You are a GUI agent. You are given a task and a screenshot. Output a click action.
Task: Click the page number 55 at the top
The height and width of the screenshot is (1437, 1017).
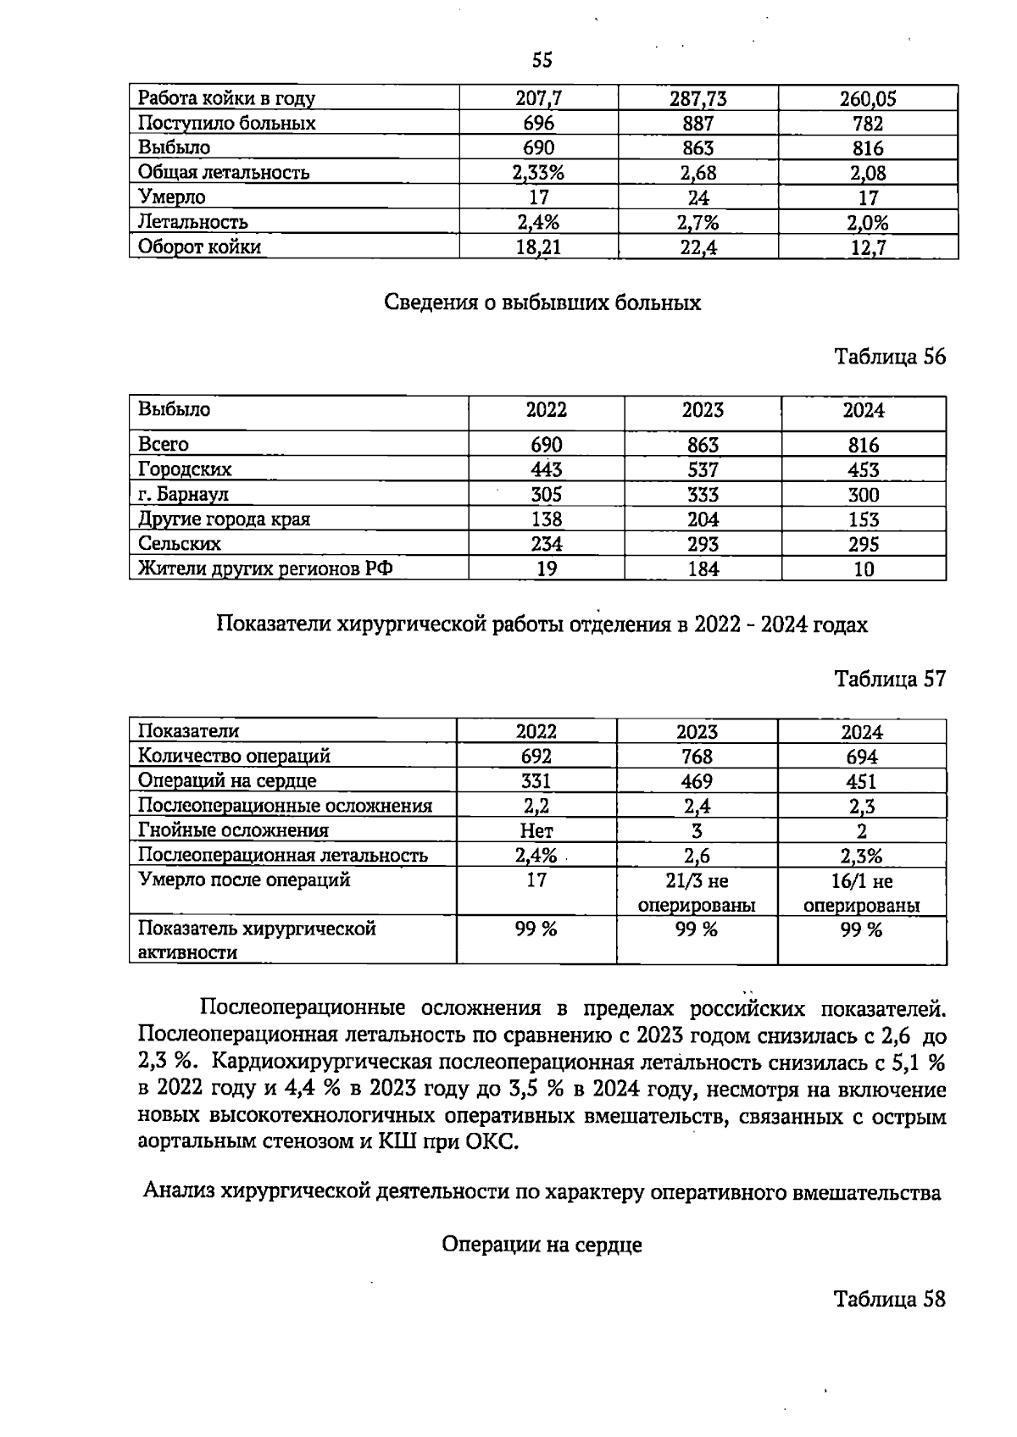coord(542,59)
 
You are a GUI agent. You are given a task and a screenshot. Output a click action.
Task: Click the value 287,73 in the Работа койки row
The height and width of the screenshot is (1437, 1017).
coord(697,99)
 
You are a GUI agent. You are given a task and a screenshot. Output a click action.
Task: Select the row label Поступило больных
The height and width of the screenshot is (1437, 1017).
coord(226,124)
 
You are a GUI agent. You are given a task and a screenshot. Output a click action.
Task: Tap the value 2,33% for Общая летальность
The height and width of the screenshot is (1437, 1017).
coord(538,173)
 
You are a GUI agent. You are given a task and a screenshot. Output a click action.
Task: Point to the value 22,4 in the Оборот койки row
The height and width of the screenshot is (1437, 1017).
coord(698,247)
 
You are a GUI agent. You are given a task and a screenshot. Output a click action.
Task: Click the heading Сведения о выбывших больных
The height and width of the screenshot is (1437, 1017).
coord(542,303)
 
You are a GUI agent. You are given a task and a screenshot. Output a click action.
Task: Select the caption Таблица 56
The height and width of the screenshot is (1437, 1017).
coord(889,357)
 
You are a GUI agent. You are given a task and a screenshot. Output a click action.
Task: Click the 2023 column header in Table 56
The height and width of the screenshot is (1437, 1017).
coord(703,411)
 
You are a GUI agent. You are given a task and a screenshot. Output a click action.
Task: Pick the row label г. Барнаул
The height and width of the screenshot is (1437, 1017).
coord(183,494)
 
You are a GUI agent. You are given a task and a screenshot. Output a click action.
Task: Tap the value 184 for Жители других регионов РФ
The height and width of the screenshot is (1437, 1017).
coord(703,569)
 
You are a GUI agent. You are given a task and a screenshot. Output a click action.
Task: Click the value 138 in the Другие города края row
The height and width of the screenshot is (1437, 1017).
coord(545,519)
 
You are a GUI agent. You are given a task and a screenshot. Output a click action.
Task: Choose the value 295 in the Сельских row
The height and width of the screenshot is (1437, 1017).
coord(863,545)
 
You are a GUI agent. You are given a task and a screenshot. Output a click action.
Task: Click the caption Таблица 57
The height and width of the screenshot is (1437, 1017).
coord(889,679)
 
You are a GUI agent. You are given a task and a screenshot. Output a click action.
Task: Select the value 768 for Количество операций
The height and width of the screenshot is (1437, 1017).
coord(697,757)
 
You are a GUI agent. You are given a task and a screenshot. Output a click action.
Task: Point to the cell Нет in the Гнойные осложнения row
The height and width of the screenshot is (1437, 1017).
coord(536,831)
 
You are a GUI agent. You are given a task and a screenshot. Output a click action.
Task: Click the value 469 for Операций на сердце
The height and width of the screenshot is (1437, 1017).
coord(697,781)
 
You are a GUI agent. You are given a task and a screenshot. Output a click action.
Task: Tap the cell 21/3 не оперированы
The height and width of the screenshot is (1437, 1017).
coord(697,893)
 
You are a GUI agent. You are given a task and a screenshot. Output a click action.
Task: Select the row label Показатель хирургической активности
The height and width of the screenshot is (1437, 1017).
coord(256,940)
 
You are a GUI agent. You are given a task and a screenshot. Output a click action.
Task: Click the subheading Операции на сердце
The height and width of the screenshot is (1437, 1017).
coord(542,1245)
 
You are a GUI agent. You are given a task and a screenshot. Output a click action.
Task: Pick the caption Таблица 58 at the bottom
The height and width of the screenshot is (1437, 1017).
coord(889,1299)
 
